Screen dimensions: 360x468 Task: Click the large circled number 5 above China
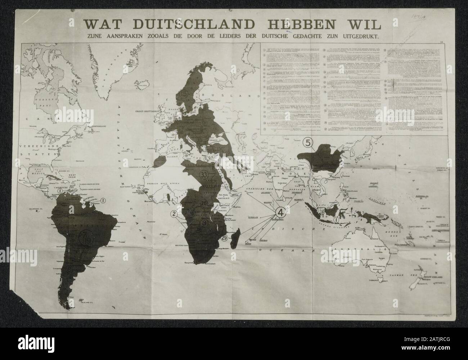click(x=308, y=143)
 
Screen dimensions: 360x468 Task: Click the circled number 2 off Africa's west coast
click(x=174, y=215)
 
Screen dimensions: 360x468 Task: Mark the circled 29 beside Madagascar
click(x=224, y=238)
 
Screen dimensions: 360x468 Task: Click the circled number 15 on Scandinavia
click(x=184, y=94)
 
